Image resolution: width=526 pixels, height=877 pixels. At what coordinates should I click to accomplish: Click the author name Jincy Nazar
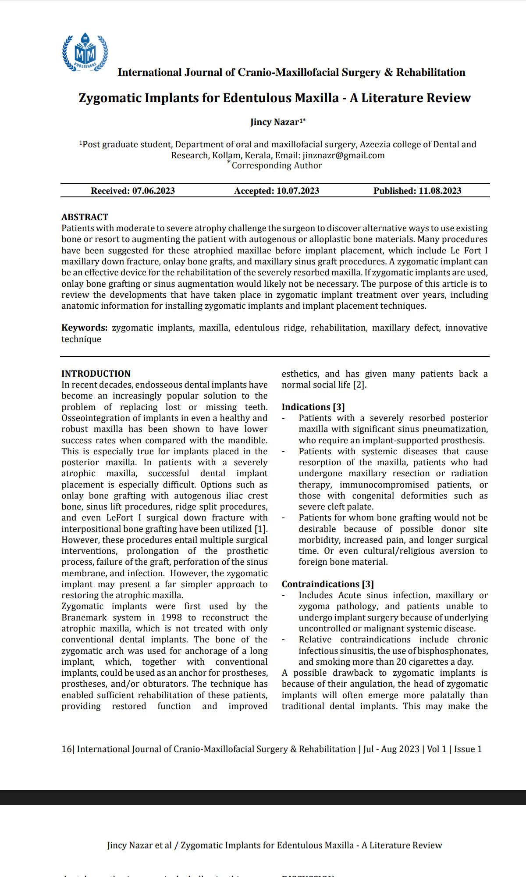(x=275, y=122)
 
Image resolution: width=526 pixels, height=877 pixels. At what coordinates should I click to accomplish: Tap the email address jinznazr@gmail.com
(x=344, y=155)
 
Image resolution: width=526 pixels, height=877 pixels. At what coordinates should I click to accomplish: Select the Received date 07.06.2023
(x=153, y=191)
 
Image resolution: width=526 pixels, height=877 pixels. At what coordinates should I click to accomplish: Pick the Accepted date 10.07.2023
(x=298, y=191)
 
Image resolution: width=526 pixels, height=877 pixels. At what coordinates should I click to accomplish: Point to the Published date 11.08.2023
(x=440, y=191)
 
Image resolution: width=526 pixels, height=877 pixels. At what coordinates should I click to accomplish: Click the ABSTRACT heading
(x=85, y=217)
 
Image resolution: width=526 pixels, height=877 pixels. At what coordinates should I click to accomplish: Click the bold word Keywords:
(x=84, y=328)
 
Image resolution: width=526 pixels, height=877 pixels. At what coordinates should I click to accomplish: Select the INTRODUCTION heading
(x=96, y=374)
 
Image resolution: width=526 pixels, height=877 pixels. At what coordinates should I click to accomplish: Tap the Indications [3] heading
(x=313, y=407)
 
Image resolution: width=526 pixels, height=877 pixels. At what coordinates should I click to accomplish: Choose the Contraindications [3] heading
(x=327, y=584)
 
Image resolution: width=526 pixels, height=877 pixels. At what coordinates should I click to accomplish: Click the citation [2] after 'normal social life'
(x=359, y=385)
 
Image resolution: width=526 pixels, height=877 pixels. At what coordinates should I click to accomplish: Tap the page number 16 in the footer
(x=66, y=749)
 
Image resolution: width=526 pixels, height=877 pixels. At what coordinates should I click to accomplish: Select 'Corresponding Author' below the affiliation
(x=277, y=165)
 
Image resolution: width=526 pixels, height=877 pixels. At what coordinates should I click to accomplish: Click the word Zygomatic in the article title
(x=110, y=98)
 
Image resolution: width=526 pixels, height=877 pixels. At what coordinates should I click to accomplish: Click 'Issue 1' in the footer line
(x=468, y=749)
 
